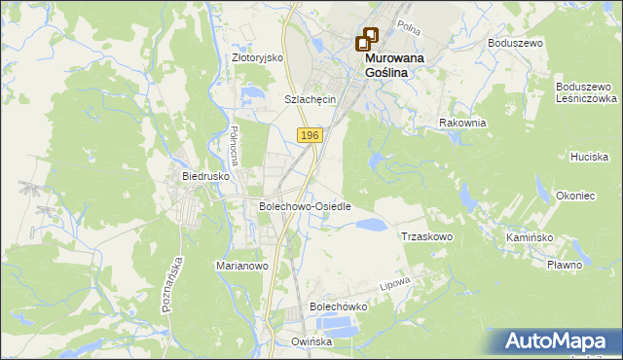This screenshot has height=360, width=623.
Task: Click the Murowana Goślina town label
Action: pyautogui.click(x=398, y=65)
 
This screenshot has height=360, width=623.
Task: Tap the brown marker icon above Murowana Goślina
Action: pyautogui.click(x=367, y=39)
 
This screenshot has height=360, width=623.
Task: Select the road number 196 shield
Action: pyautogui.click(x=310, y=135)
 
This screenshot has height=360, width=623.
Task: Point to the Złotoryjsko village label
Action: pyautogui.click(x=257, y=57)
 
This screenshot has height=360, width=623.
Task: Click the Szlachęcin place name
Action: pyautogui.click(x=310, y=99)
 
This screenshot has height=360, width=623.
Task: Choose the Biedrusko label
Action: pyautogui.click(x=205, y=176)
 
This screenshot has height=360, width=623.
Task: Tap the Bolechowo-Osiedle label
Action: pyautogui.click(x=305, y=206)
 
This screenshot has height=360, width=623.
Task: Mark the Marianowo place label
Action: pyautogui.click(x=240, y=265)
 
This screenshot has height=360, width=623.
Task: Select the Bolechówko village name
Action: pyautogui.click(x=337, y=306)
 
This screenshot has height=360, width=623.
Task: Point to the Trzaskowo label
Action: pyautogui.click(x=427, y=236)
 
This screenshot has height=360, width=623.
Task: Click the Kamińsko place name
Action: pyautogui.click(x=530, y=237)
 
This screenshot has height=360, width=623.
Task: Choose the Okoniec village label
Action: pyautogui.click(x=575, y=196)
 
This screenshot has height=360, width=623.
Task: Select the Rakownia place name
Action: pyautogui.click(x=462, y=123)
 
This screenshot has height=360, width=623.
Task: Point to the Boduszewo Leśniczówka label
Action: pyautogui.click(x=587, y=92)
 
